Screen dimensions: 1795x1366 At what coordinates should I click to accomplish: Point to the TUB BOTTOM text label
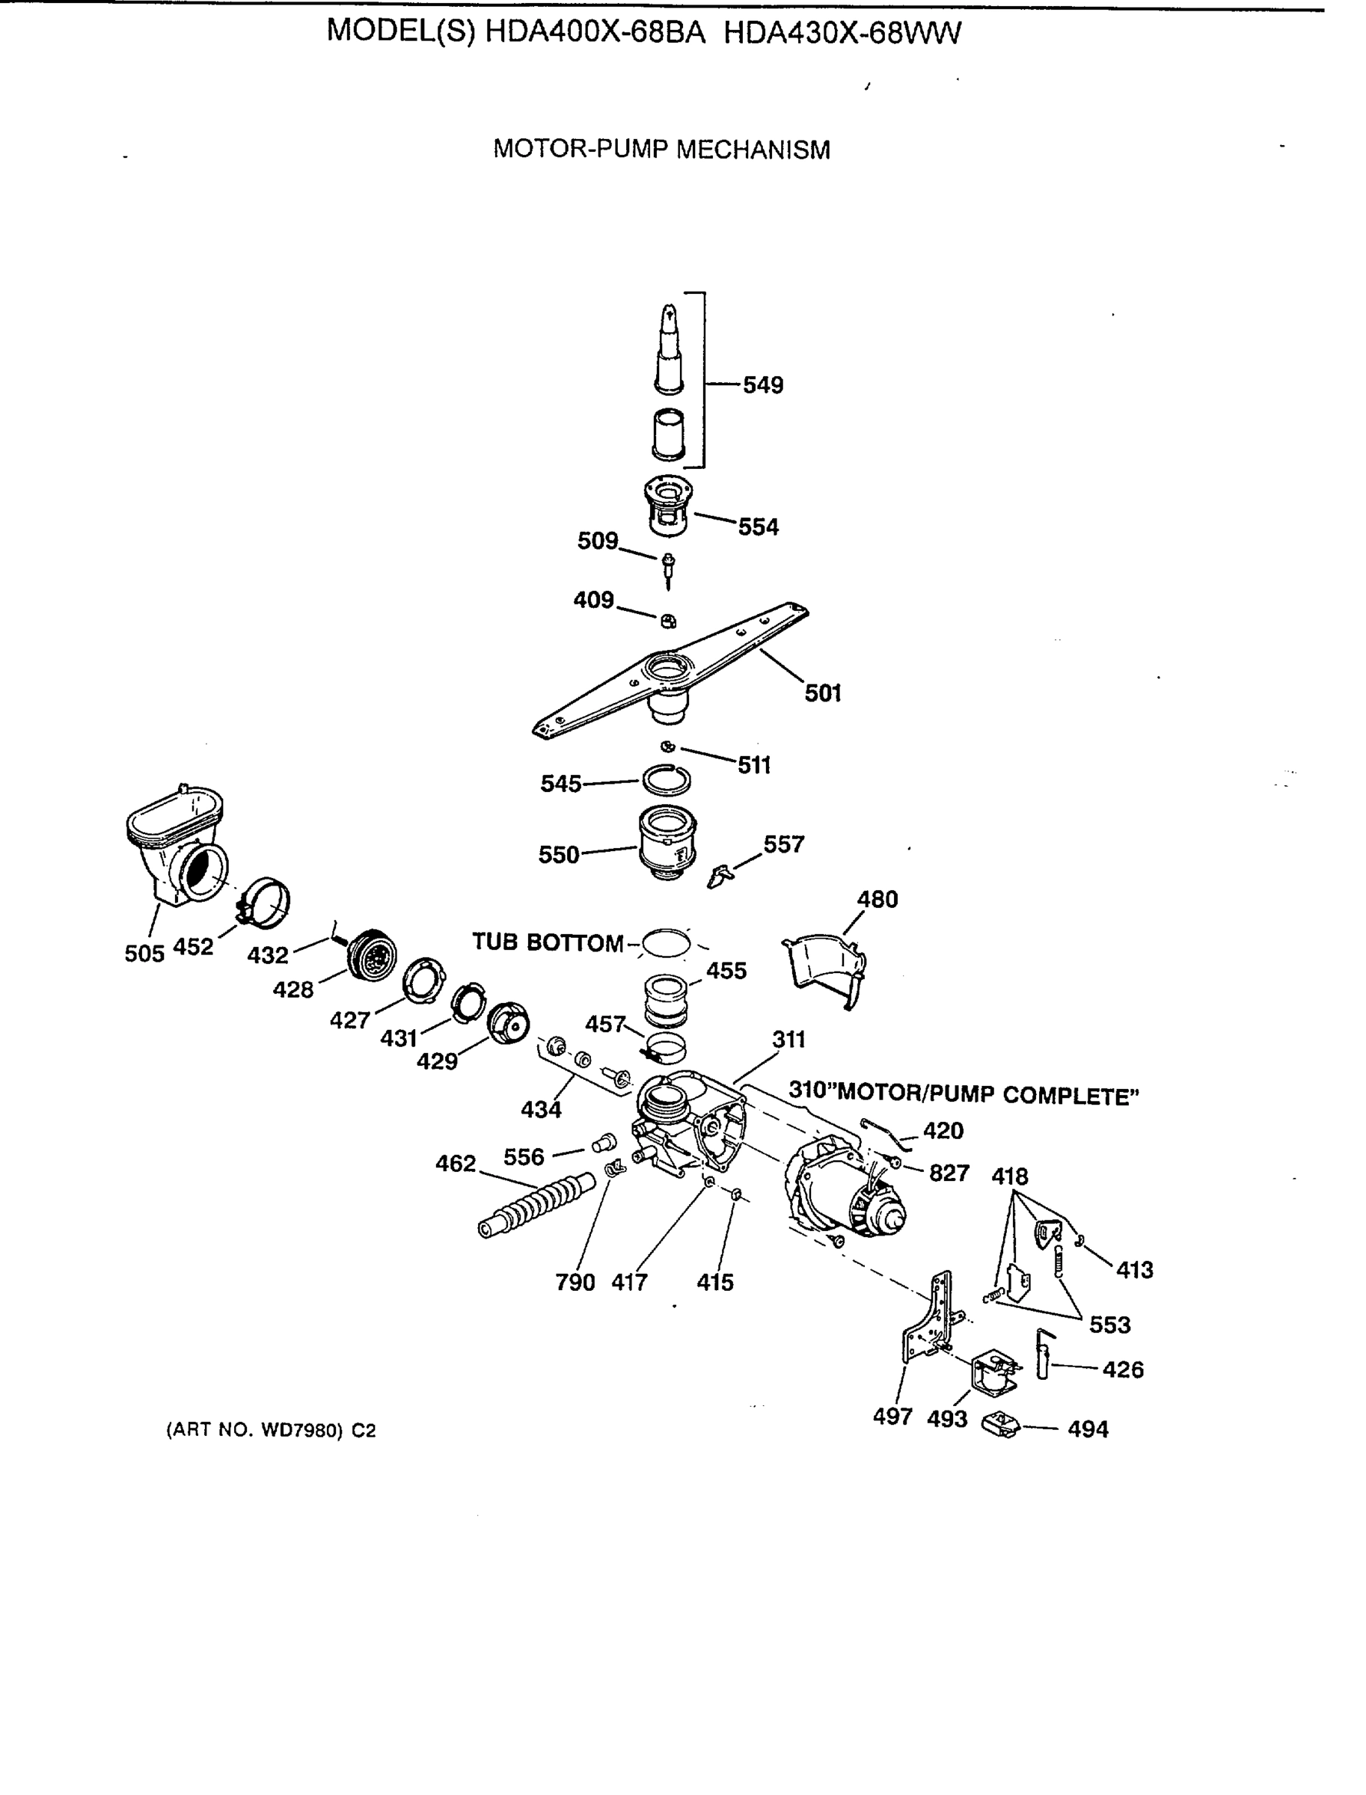coord(547,942)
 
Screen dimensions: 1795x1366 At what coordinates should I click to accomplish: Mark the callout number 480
coord(878,899)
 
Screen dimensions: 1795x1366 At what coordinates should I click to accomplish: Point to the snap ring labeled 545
coord(666,779)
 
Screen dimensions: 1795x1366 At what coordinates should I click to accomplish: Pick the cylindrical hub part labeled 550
coord(666,841)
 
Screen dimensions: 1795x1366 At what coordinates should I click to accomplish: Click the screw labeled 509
coord(667,569)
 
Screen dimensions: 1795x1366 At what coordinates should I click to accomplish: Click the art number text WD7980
coord(299,1431)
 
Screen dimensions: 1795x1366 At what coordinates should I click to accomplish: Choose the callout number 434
coord(541,1109)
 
